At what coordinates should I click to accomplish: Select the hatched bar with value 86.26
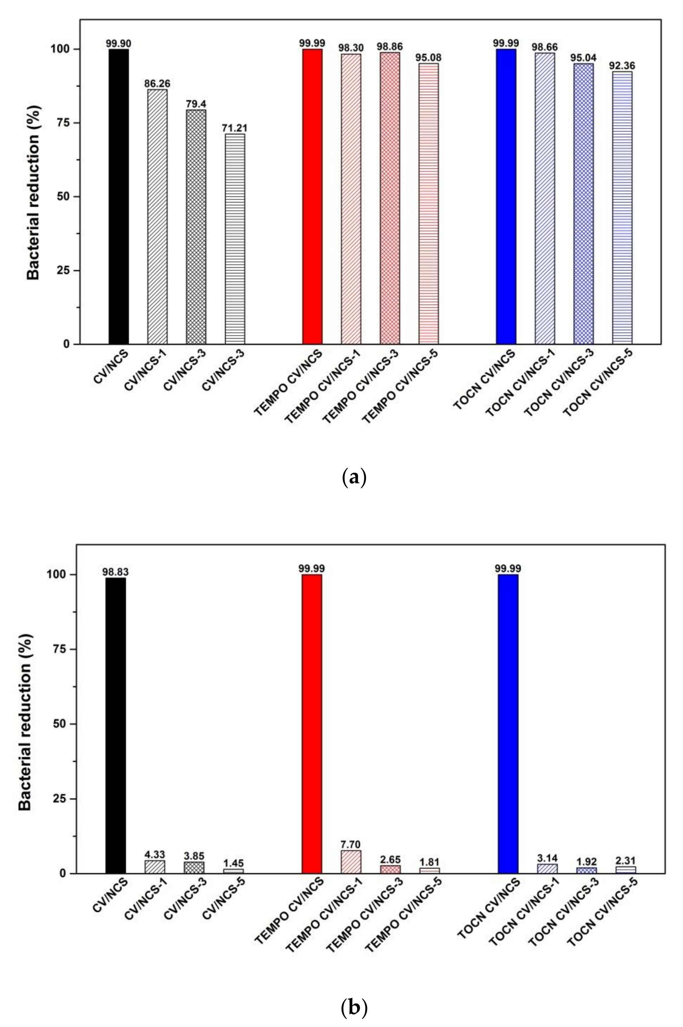[157, 216]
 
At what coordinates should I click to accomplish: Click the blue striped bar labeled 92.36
[622, 208]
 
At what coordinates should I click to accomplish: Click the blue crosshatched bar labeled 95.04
[583, 204]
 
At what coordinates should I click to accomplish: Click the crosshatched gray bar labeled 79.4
[196, 226]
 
